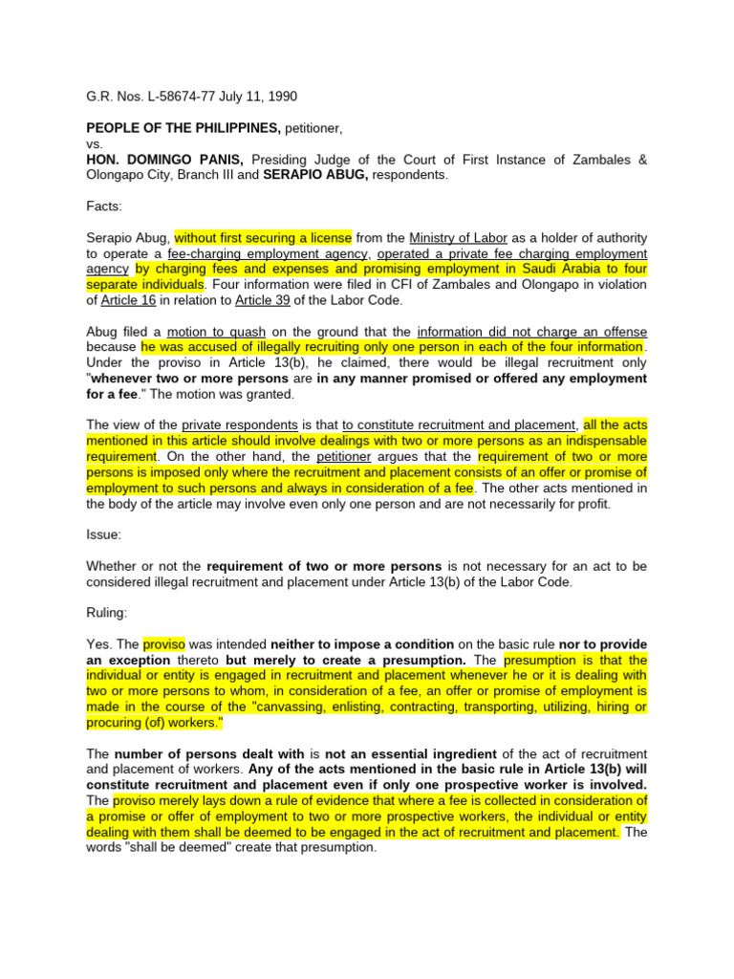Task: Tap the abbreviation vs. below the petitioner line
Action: point(95,143)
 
